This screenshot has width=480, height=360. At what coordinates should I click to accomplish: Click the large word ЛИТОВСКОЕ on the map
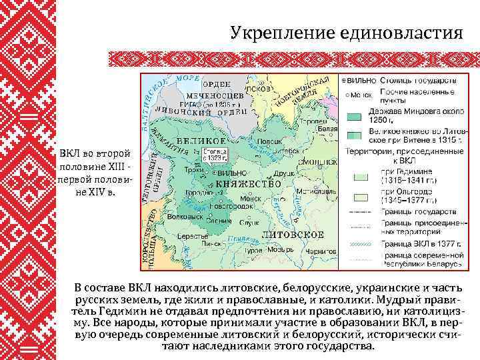[x=293, y=235]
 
